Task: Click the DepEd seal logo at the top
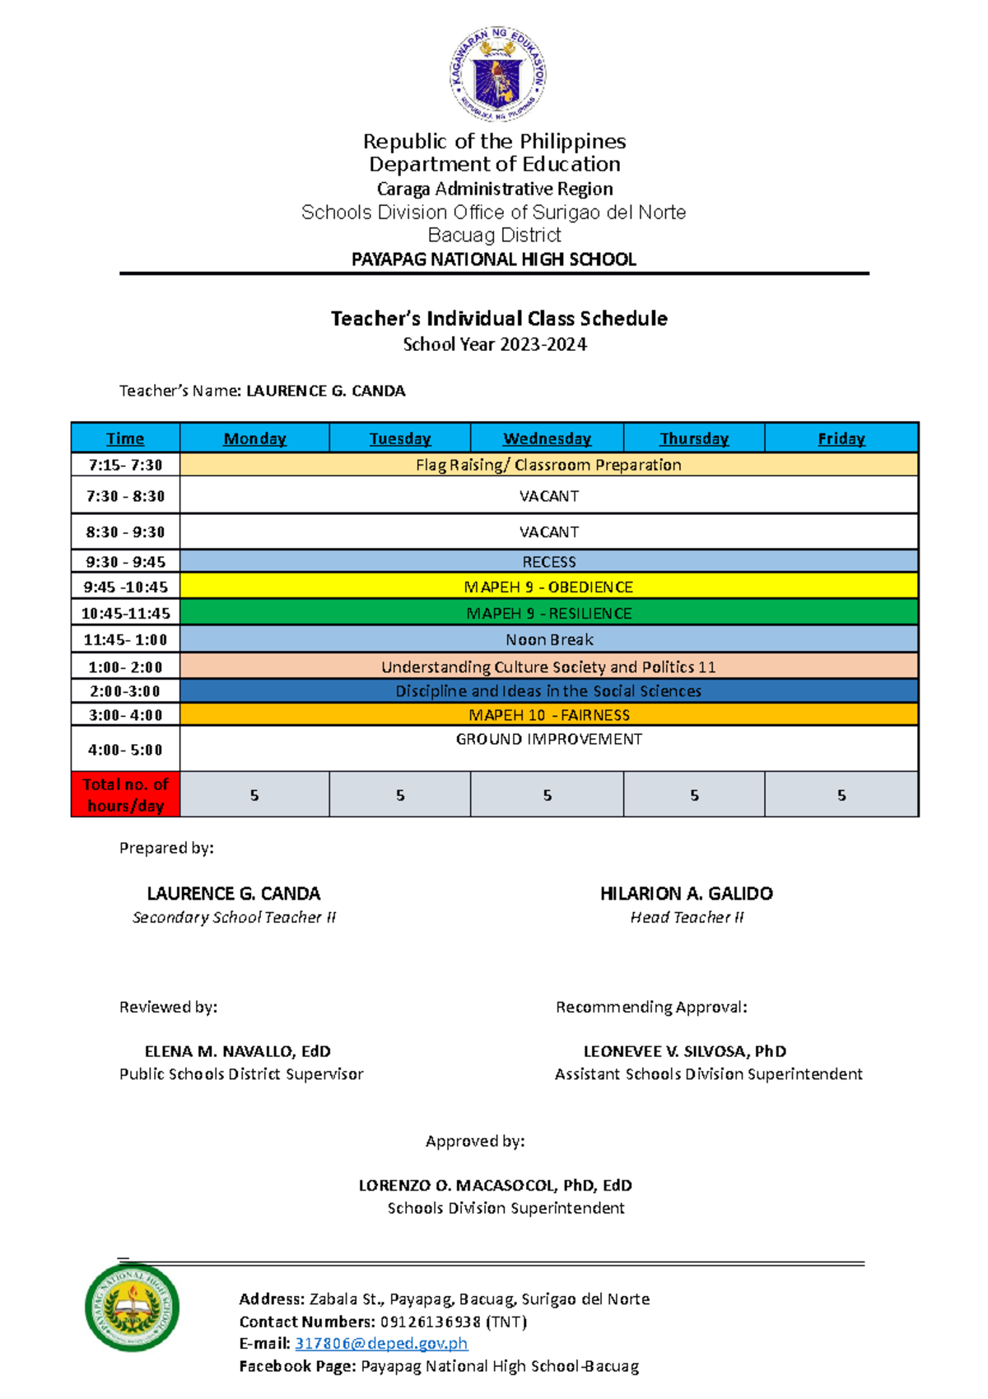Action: coord(496,75)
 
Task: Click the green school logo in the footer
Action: coord(132,1307)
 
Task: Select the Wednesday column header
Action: coord(547,438)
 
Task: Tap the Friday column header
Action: coord(841,438)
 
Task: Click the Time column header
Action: coord(125,438)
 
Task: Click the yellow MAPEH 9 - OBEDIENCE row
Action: coord(548,587)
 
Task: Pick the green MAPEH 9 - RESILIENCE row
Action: coord(548,613)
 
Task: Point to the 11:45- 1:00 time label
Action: coord(125,639)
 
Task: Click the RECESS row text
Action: coord(548,562)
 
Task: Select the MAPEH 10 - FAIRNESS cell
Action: coord(548,715)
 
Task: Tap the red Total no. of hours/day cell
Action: coord(125,795)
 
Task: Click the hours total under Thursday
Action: coord(694,795)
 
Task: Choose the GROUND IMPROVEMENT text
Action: coord(548,739)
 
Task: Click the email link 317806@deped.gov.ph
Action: coord(381,1343)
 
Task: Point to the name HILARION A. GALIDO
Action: coord(686,893)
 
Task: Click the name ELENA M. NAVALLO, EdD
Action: coord(237,1051)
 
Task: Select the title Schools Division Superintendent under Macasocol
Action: coord(506,1208)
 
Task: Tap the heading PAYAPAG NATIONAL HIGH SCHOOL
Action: coord(494,260)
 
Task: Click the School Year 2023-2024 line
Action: coord(494,344)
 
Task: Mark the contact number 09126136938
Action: coord(430,1322)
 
